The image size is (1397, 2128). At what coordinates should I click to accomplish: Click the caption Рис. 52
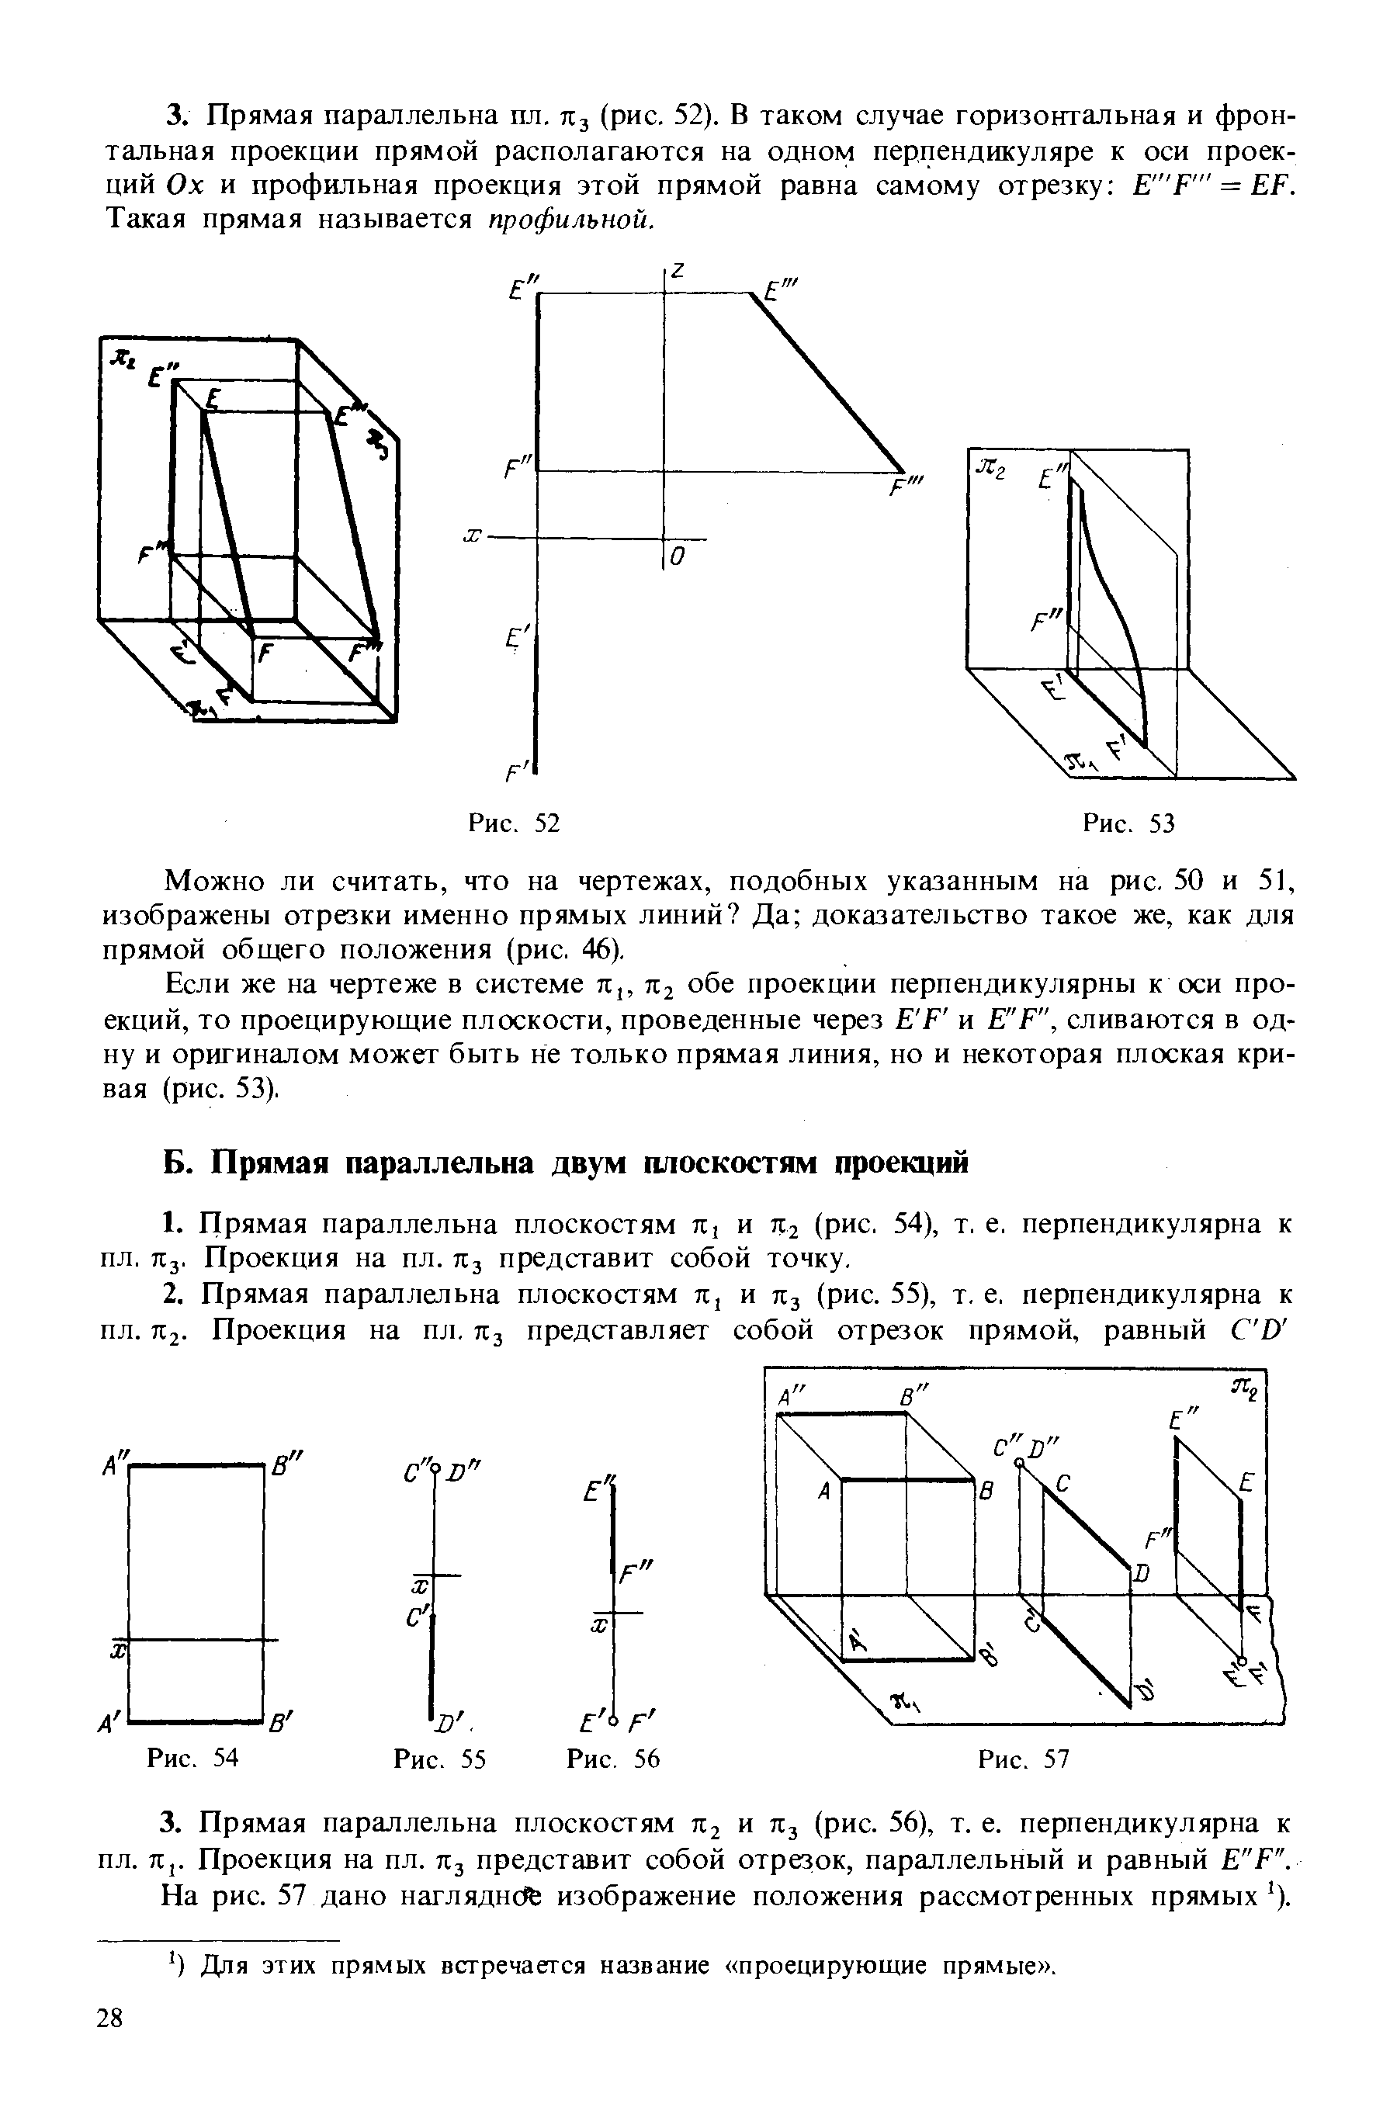[x=515, y=823]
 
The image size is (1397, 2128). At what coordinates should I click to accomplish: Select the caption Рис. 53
[x=1128, y=823]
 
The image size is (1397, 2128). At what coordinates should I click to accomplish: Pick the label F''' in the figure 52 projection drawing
[x=909, y=489]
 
